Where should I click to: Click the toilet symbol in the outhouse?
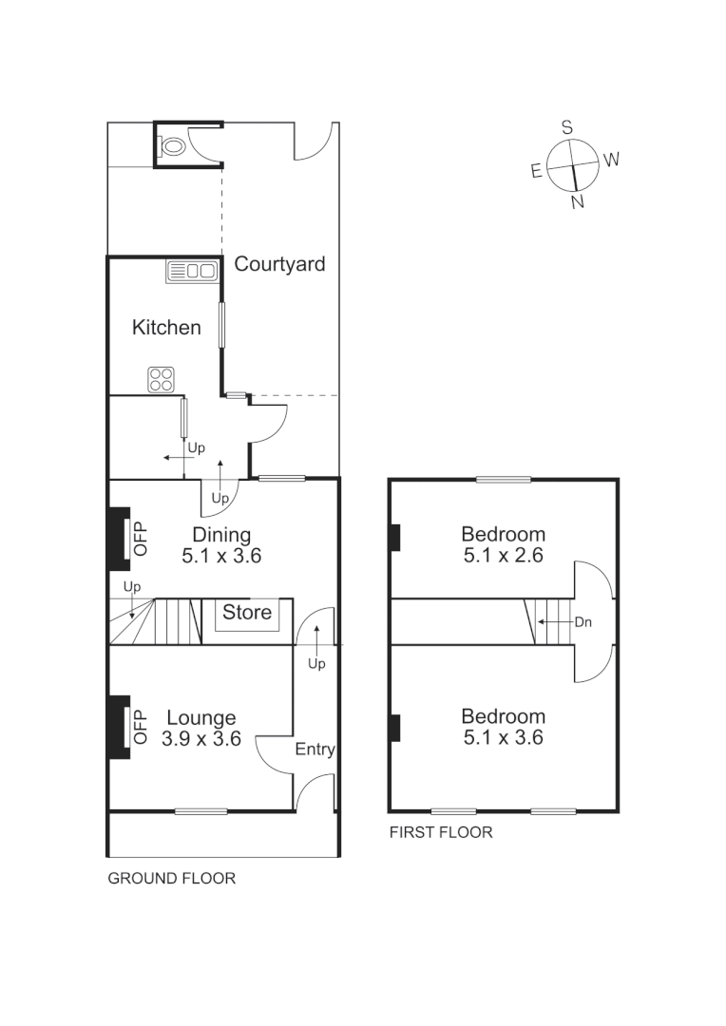[x=173, y=147]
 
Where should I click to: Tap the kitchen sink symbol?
[x=193, y=272]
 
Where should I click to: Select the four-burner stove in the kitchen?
[x=162, y=380]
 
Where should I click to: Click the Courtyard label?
[x=279, y=264]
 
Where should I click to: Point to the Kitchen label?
[x=166, y=328]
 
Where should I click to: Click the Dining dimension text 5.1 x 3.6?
[x=221, y=557]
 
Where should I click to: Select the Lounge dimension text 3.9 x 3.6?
[x=201, y=738]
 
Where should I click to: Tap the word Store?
[x=247, y=613]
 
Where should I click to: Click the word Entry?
[x=315, y=750]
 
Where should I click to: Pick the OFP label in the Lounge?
[x=141, y=727]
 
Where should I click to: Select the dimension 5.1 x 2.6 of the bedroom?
[x=503, y=557]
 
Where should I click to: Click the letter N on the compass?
[x=577, y=201]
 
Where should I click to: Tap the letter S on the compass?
[x=567, y=127]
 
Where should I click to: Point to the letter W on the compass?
[x=611, y=160]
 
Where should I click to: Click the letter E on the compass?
[x=536, y=171]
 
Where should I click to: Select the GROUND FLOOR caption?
[x=171, y=879]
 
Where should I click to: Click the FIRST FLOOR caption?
[x=441, y=833]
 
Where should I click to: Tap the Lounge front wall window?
[x=201, y=811]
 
